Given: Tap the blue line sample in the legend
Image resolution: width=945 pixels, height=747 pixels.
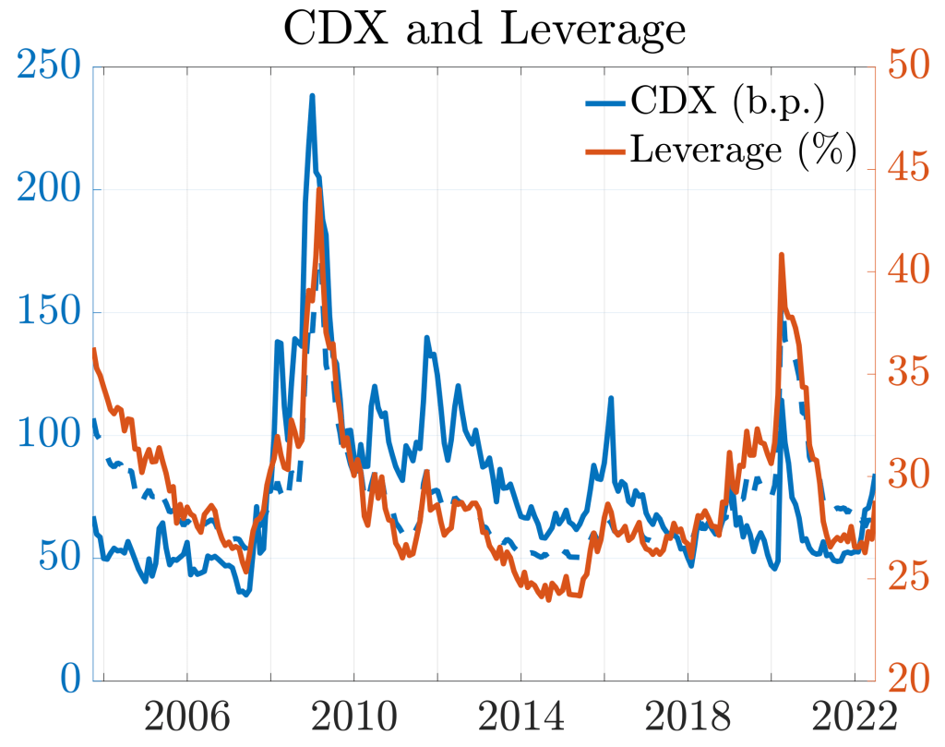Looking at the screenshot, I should (605, 101).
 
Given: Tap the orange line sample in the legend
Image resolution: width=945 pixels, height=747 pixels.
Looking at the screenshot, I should (605, 149).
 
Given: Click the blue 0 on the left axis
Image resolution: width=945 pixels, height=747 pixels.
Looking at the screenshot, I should (70, 681).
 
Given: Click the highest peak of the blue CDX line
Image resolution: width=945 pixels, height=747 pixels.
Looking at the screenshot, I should (312, 95).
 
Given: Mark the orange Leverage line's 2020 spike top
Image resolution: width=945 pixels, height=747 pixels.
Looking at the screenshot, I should (782, 254).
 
